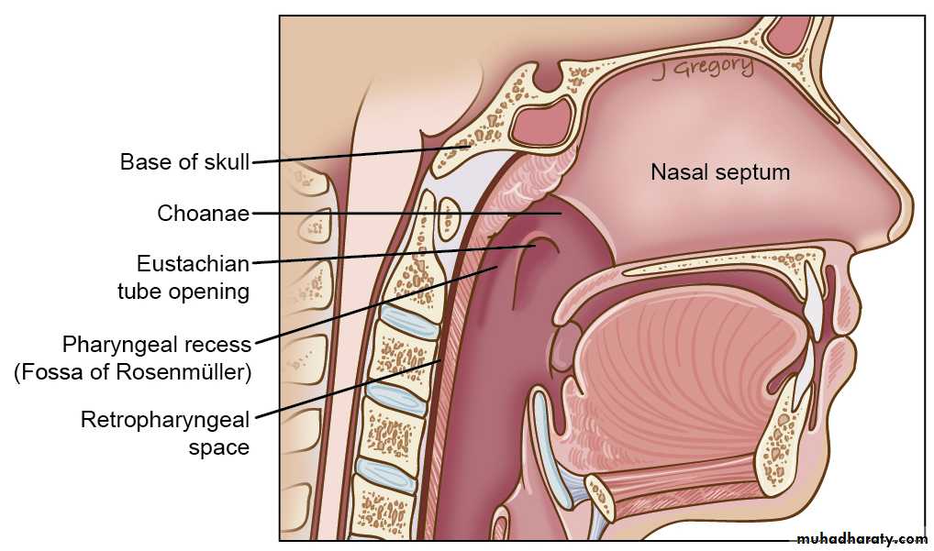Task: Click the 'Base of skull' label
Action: coord(184,162)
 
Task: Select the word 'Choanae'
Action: coord(203,213)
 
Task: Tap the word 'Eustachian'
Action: coord(193,264)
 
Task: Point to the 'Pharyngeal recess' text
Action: coord(157,345)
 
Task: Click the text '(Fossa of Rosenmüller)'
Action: coord(133,372)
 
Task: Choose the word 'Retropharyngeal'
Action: coord(165,420)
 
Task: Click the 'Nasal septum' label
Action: coord(720,172)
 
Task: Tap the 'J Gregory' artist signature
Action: coord(703,69)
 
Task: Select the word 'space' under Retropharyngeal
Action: coord(219,448)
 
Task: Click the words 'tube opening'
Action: coord(183,292)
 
